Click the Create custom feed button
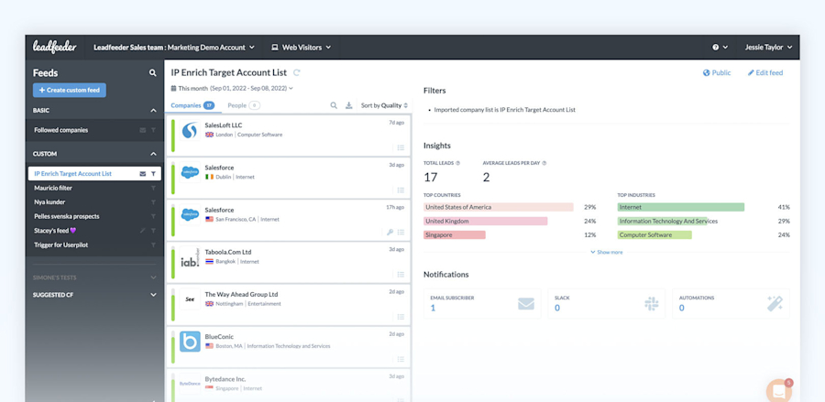(x=70, y=90)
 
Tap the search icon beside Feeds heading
(x=153, y=73)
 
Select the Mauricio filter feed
(x=53, y=188)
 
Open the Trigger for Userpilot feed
(x=61, y=245)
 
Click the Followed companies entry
(x=61, y=130)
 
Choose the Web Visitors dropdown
(x=302, y=47)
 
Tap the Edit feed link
(x=765, y=72)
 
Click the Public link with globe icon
(x=717, y=72)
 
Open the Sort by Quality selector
(x=384, y=105)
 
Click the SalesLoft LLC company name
(x=224, y=125)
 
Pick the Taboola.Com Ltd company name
(x=228, y=252)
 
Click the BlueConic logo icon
(x=190, y=342)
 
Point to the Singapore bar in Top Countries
(x=455, y=235)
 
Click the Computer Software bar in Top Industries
(x=654, y=235)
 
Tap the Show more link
(x=607, y=252)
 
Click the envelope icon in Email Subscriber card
(x=526, y=303)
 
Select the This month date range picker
(x=232, y=89)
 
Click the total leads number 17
(x=431, y=177)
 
